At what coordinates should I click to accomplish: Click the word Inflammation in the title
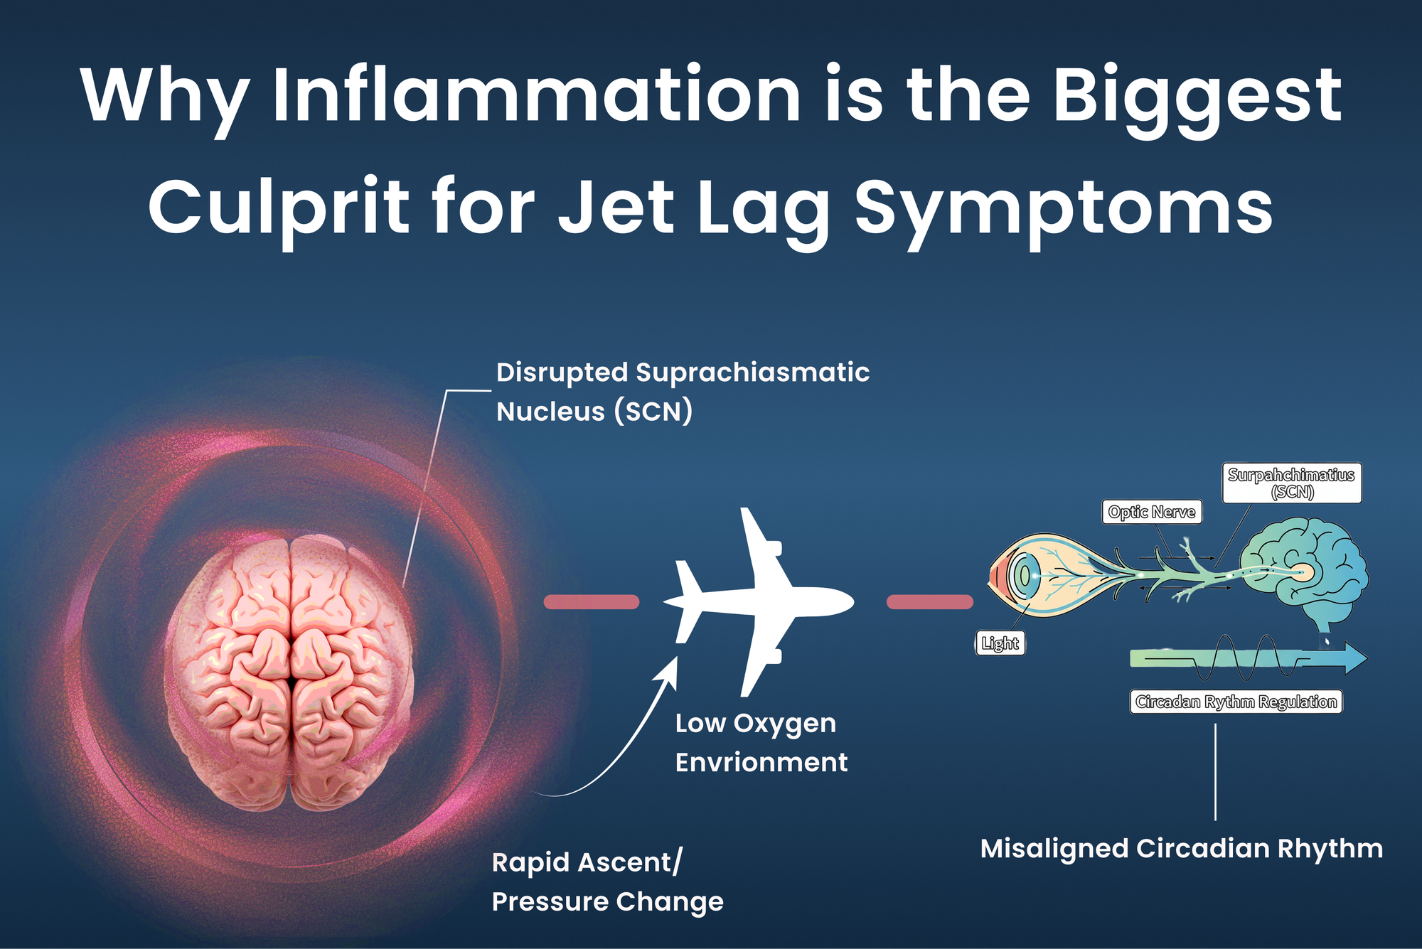[x=537, y=96]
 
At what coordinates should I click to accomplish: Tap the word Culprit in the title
[x=277, y=208]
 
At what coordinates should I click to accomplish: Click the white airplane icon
[x=757, y=601]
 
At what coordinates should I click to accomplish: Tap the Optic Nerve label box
[x=1151, y=512]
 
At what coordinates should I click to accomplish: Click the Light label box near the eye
[x=1000, y=643]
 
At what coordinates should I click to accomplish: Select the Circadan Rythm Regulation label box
[x=1236, y=702]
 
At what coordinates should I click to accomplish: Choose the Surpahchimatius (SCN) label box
[x=1291, y=483]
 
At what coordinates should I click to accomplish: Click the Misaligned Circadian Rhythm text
[x=1181, y=849]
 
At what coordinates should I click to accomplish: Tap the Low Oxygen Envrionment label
[x=760, y=743]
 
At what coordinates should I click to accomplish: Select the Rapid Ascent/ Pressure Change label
[x=606, y=881]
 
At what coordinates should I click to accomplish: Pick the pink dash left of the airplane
[x=591, y=602]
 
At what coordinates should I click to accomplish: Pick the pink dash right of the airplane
[x=929, y=602]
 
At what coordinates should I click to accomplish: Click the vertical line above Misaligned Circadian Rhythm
[x=1215, y=771]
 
